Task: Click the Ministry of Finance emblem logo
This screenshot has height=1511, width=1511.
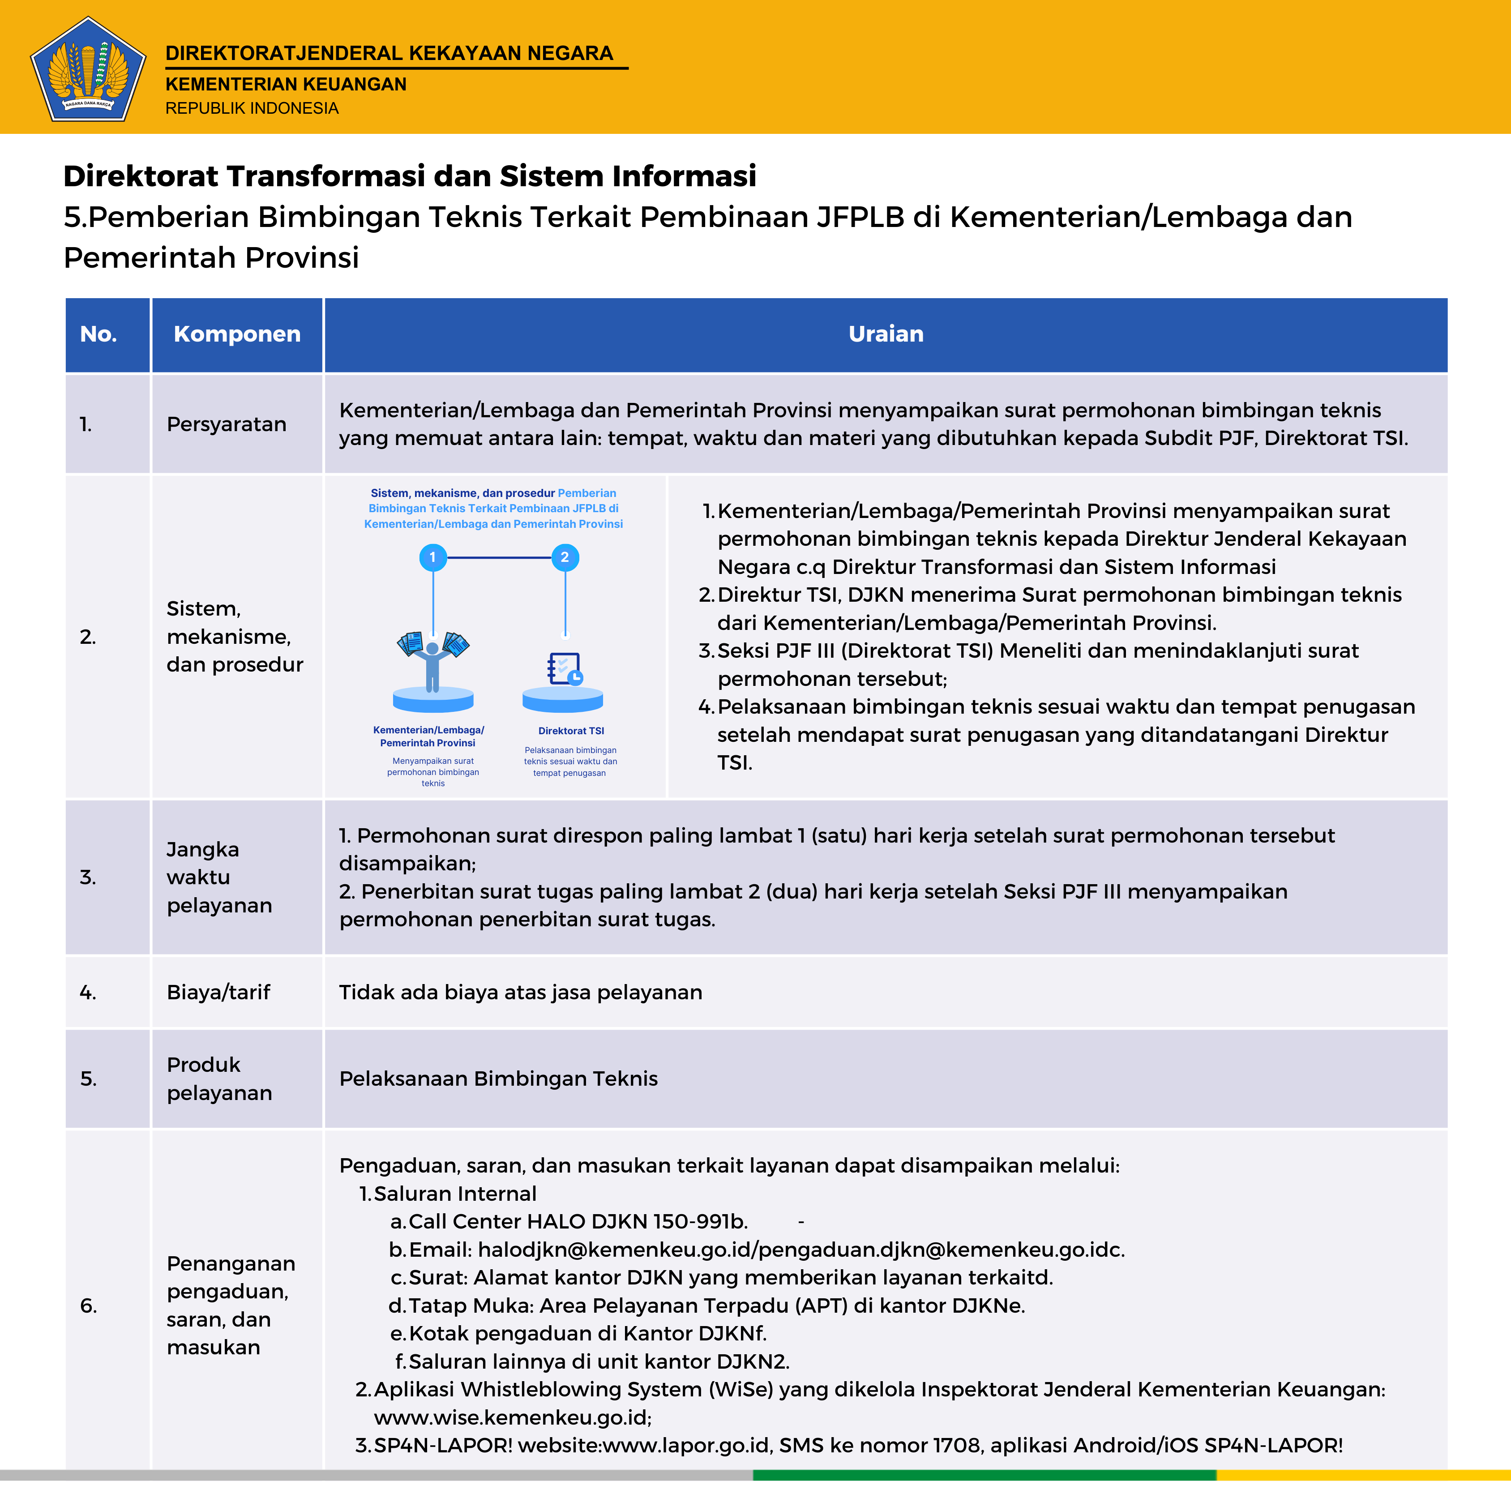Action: click(88, 69)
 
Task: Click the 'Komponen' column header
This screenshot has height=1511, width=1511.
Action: click(237, 334)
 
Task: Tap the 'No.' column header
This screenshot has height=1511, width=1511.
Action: click(98, 334)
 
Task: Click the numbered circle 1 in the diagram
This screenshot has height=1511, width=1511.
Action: click(432, 558)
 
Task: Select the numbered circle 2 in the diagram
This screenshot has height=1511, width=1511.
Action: click(565, 558)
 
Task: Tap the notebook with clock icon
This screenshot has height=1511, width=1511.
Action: click(565, 669)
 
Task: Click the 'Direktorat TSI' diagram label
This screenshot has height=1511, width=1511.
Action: click(571, 731)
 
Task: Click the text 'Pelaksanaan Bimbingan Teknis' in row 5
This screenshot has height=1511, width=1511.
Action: click(498, 1079)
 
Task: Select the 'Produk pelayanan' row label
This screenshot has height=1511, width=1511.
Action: click(219, 1079)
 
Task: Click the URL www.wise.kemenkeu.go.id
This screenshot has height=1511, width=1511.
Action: click(512, 1417)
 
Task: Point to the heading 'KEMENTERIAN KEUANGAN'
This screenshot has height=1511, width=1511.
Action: click(286, 85)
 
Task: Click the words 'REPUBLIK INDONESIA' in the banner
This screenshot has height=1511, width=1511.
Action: click(252, 108)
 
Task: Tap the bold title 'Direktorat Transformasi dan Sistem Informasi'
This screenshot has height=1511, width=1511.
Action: click(410, 176)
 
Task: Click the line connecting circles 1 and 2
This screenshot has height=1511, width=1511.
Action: click(499, 558)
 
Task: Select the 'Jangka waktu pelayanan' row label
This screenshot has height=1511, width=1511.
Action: click(219, 877)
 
